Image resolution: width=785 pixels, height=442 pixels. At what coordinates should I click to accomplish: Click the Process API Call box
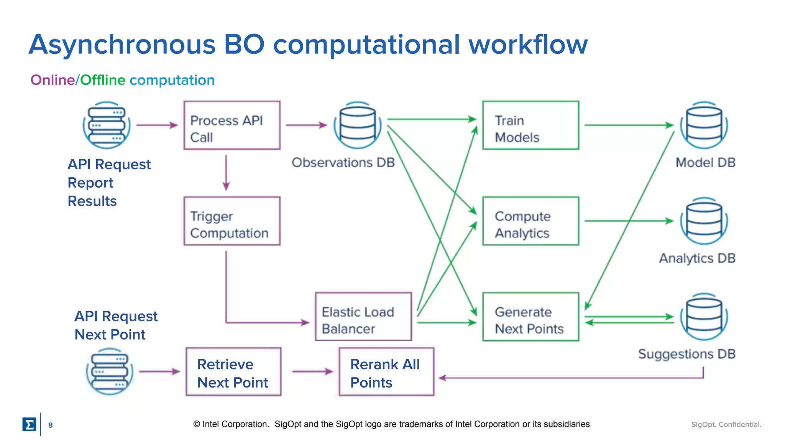pyautogui.click(x=232, y=125)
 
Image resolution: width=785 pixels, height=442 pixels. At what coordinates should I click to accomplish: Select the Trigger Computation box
pyautogui.click(x=232, y=221)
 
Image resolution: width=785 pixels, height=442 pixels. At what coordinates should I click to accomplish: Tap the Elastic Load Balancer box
pyautogui.click(x=363, y=317)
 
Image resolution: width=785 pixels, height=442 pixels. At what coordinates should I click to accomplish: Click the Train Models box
pyautogui.click(x=530, y=125)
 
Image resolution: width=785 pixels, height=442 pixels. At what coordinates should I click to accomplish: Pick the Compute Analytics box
pyautogui.click(x=530, y=221)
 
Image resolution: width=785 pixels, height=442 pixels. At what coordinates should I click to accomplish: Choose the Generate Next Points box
pyautogui.click(x=530, y=317)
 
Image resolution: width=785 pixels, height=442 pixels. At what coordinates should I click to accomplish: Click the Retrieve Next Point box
pyautogui.click(x=233, y=371)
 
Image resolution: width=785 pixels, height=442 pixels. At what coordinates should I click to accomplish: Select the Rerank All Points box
pyautogui.click(x=386, y=371)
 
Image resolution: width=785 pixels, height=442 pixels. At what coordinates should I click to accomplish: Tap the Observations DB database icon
pyautogui.click(x=357, y=125)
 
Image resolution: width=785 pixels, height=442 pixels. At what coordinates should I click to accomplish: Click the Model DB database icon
pyautogui.click(x=704, y=125)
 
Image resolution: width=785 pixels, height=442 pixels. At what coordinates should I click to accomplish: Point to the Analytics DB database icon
pyautogui.click(x=704, y=221)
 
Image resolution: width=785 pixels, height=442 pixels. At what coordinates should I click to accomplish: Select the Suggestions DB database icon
pyautogui.click(x=704, y=317)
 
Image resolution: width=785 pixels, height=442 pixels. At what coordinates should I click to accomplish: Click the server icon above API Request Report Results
pyautogui.click(x=107, y=125)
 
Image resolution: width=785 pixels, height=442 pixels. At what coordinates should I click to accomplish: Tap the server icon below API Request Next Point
pyautogui.click(x=110, y=371)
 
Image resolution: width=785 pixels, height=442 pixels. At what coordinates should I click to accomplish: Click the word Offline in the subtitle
pyautogui.click(x=102, y=80)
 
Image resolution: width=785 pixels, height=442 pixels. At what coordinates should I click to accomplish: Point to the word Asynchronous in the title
pyautogui.click(x=122, y=45)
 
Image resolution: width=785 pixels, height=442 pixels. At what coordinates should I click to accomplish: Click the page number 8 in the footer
pyautogui.click(x=50, y=425)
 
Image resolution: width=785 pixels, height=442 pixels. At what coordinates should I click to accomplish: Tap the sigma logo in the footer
pyautogui.click(x=29, y=424)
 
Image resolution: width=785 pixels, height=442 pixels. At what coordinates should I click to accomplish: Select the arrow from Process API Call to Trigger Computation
pyautogui.click(x=226, y=172)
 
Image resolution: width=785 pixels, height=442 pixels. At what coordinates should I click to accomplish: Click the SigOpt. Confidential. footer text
pyautogui.click(x=726, y=424)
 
